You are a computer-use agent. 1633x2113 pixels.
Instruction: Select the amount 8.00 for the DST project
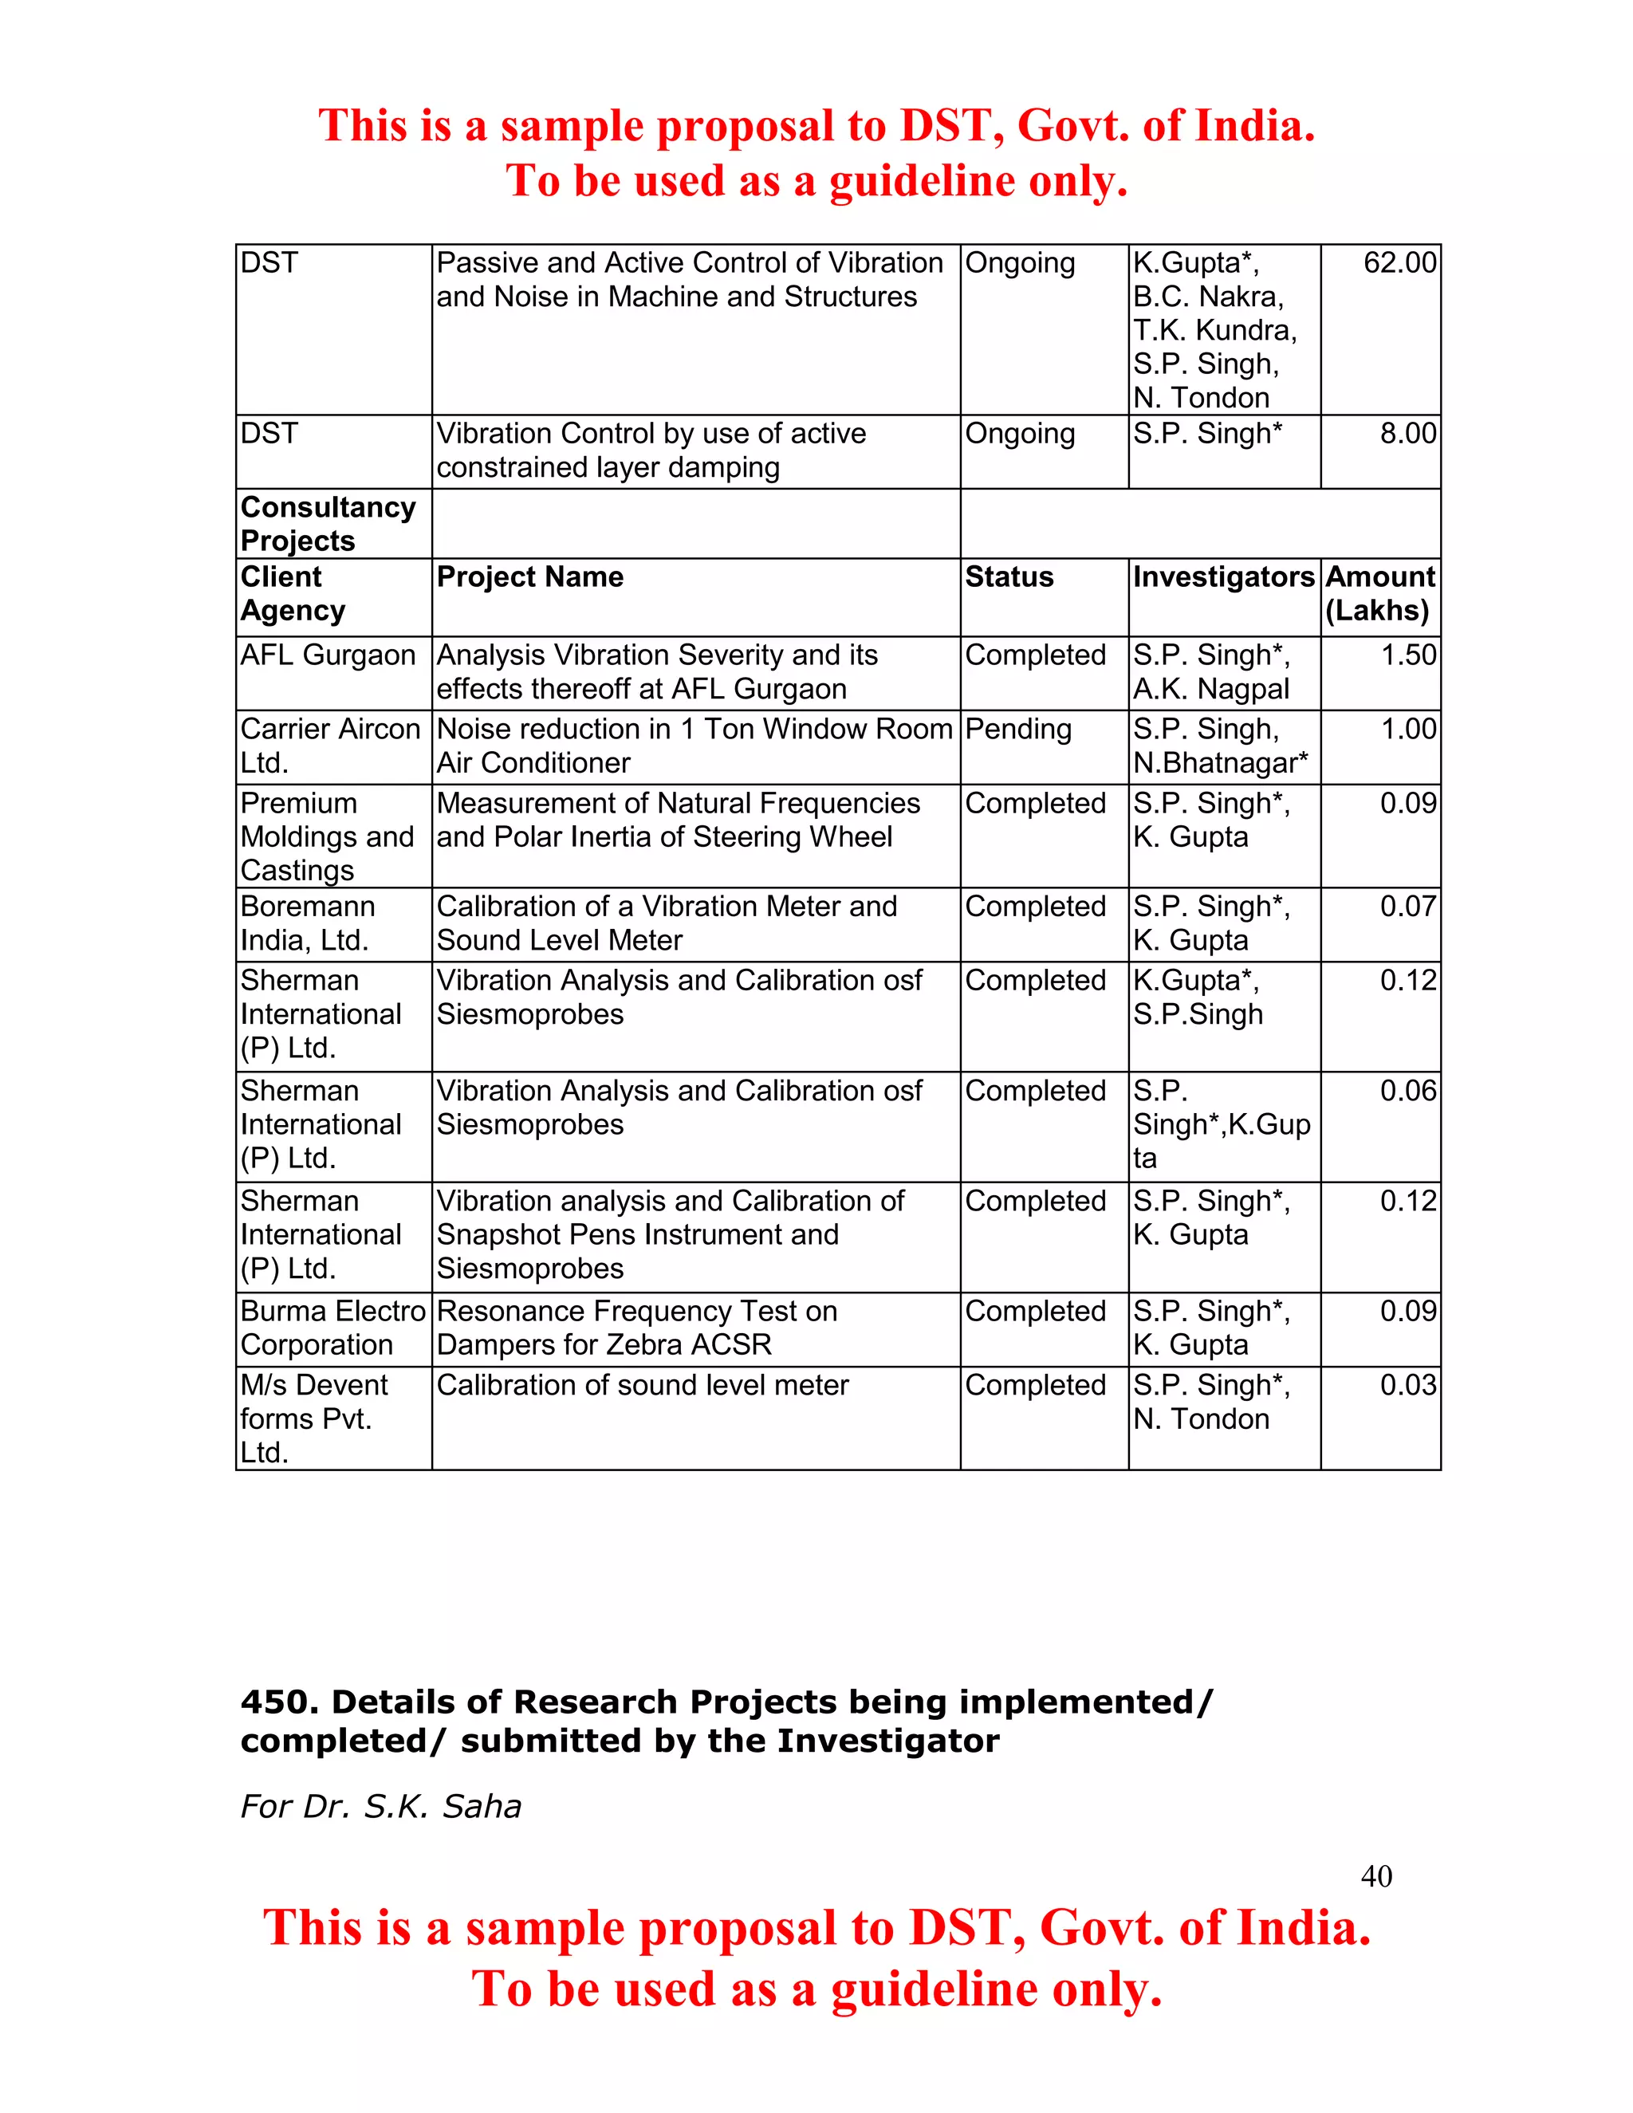point(1407,434)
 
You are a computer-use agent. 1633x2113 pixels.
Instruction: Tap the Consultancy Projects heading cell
point(328,523)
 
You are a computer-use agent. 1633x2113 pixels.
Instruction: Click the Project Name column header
point(530,576)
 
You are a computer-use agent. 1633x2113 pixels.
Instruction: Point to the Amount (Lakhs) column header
point(1379,593)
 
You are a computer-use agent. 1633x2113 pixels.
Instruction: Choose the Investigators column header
point(1224,576)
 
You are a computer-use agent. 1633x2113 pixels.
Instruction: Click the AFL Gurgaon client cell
point(328,655)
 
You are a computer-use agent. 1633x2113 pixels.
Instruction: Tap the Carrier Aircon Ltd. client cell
point(330,746)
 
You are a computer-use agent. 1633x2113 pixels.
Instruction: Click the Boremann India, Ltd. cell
point(307,923)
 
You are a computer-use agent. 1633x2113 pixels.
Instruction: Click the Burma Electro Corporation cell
point(332,1328)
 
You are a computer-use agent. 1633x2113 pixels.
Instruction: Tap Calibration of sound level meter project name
point(643,1386)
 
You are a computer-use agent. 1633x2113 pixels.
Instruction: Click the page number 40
point(1375,1876)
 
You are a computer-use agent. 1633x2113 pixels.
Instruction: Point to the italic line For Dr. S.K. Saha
point(380,1806)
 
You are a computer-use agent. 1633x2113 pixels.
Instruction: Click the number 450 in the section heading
point(273,1701)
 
